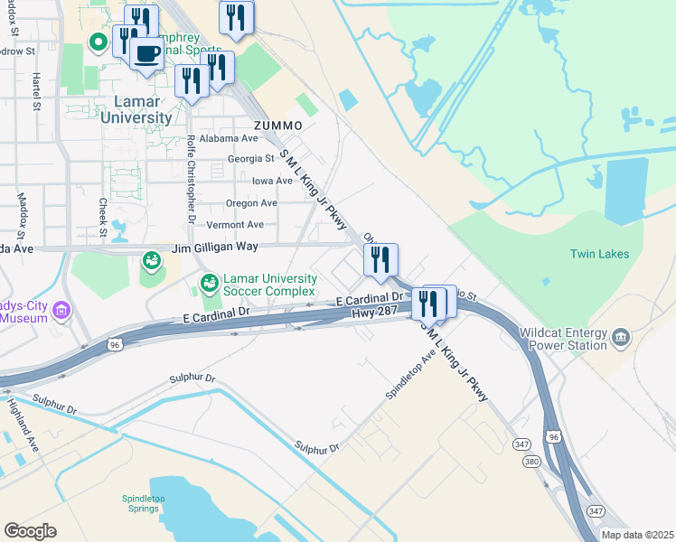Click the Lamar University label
[x=136, y=109]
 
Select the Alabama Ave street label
[x=230, y=139]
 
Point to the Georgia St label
[x=250, y=159]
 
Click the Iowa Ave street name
[x=272, y=181]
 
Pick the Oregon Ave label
[x=251, y=203]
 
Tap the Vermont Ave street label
[x=235, y=225]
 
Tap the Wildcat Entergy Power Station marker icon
[x=621, y=338]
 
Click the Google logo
[x=31, y=530]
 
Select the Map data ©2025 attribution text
[x=638, y=535]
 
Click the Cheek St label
[x=103, y=219]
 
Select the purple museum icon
[x=61, y=312]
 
